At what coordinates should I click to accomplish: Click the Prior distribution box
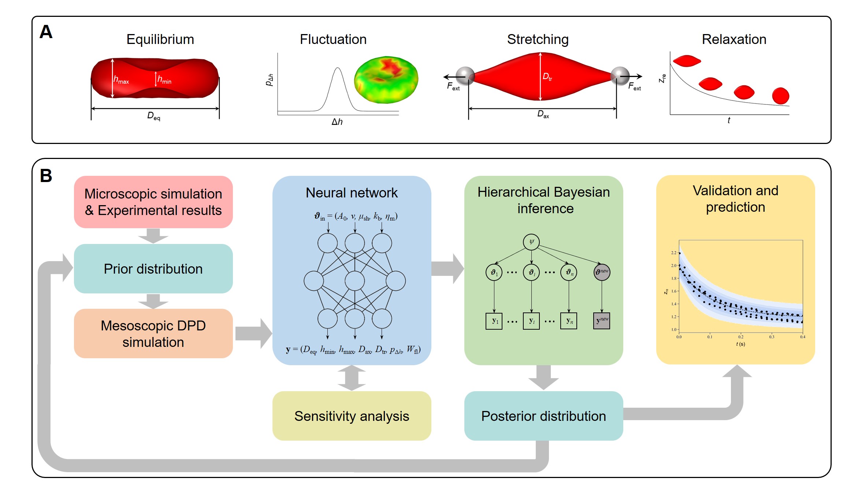[153, 268]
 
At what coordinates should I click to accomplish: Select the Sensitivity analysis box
[352, 416]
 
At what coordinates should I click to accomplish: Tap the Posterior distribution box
[543, 416]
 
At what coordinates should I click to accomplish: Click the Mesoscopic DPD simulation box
[153, 333]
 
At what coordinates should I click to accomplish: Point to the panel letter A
[46, 32]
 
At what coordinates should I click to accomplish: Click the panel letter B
[46, 175]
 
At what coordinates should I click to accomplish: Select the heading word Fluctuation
[333, 39]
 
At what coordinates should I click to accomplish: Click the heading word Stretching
[538, 40]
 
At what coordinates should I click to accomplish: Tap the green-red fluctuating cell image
[386, 79]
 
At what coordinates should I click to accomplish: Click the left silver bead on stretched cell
[465, 76]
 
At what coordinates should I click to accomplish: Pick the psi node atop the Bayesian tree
[531, 242]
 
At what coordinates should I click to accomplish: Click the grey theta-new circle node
[602, 272]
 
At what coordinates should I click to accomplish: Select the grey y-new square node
[602, 321]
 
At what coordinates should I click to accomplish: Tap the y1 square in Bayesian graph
[494, 321]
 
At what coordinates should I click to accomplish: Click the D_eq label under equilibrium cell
[154, 116]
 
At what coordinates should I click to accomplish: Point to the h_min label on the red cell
[164, 79]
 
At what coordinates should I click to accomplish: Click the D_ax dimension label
[543, 114]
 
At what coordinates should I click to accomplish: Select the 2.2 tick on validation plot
[674, 253]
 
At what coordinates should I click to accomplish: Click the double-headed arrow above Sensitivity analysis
[352, 378]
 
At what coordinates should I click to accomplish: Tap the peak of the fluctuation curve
[338, 68]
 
